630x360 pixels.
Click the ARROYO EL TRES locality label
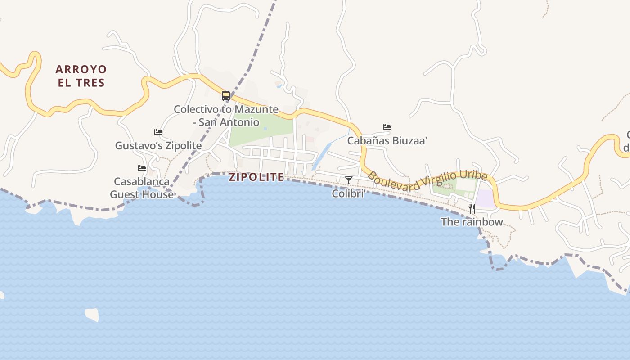tap(81, 76)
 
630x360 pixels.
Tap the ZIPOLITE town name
tap(256, 177)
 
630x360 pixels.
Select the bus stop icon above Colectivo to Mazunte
tap(226, 96)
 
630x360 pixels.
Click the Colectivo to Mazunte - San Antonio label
tap(226, 116)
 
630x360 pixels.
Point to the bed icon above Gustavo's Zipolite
tap(158, 132)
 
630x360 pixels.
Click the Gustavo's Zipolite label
tap(158, 146)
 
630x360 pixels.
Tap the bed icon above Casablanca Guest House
tap(142, 168)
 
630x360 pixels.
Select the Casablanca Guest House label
tap(142, 188)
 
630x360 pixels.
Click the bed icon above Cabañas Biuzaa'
tap(387, 127)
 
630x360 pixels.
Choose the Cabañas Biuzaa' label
tap(387, 141)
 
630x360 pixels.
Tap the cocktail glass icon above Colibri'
tap(348, 180)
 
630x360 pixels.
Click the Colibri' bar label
tap(348, 193)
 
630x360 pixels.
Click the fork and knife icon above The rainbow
tap(472, 208)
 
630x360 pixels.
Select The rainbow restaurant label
tap(472, 222)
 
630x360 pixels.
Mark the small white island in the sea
tap(92, 314)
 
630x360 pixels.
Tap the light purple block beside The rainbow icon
tap(485, 198)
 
